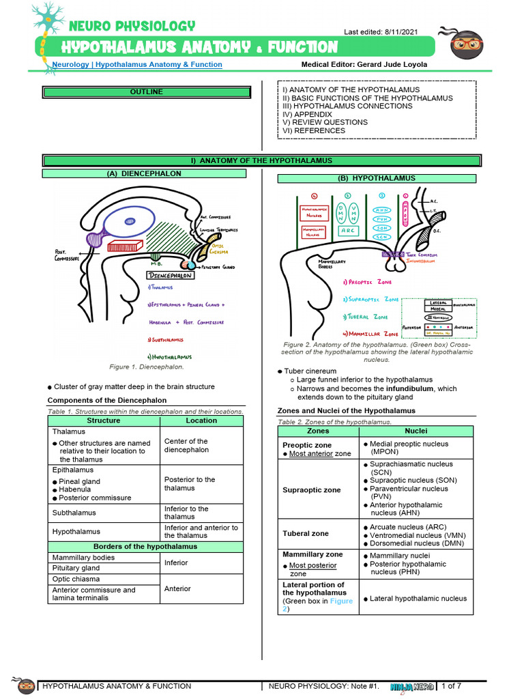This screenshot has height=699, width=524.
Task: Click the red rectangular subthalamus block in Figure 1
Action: (x=124, y=246)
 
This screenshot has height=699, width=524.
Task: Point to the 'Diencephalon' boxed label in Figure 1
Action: (x=171, y=275)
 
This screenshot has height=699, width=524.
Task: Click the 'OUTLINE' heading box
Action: (x=147, y=92)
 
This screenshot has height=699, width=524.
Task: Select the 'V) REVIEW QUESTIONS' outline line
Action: (x=325, y=122)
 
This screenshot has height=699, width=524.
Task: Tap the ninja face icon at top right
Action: (x=467, y=44)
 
